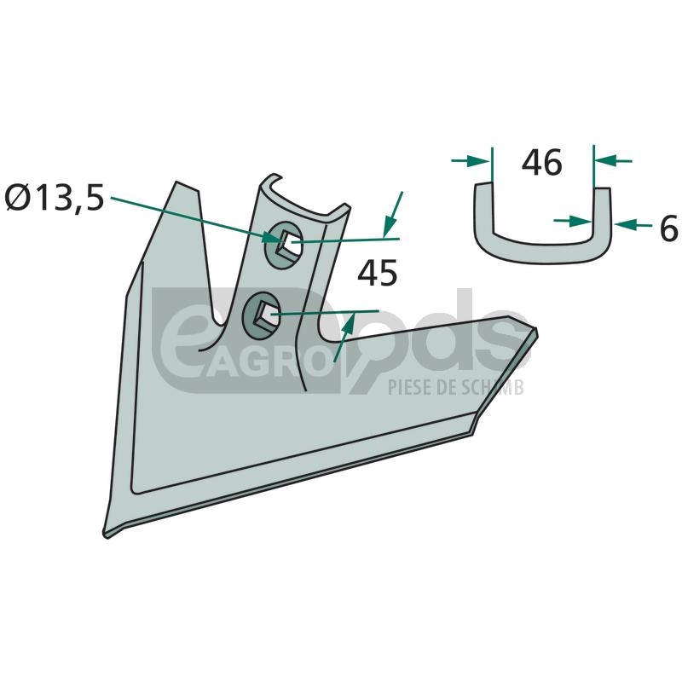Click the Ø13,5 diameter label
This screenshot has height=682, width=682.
55,199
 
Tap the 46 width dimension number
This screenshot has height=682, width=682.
542,163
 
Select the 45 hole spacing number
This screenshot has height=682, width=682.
378,273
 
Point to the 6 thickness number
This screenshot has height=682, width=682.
669,228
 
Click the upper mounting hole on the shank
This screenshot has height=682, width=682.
285,242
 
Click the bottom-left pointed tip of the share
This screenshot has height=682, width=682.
106,535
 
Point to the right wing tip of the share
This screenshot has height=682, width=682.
536,331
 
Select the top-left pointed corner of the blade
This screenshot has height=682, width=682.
176,182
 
